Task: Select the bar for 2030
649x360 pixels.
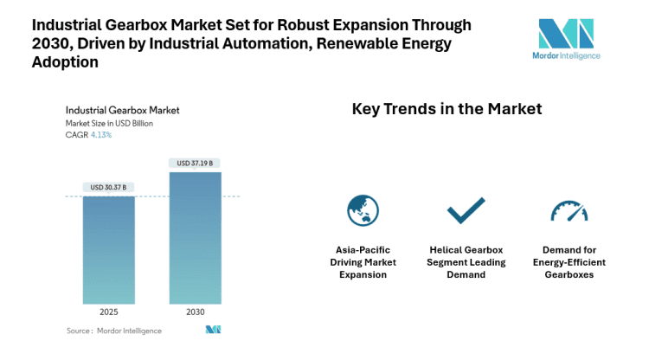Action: (195, 237)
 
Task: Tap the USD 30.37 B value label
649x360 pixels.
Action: (109, 187)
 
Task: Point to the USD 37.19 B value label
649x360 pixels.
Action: (195, 163)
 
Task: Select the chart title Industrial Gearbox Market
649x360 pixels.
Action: (122, 111)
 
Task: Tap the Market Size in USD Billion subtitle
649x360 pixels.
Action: (110, 123)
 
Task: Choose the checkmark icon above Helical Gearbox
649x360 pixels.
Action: (465, 210)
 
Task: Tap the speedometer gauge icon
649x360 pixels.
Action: (568, 210)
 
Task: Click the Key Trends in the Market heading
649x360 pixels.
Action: (447, 109)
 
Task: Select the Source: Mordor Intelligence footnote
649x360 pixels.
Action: (113, 330)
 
